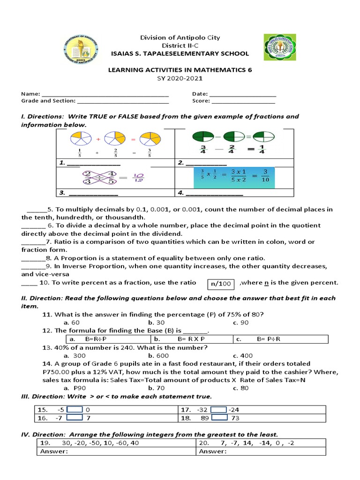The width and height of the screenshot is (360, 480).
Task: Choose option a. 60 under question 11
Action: click(x=72, y=322)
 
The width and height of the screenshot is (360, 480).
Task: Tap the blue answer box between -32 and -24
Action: click(x=218, y=409)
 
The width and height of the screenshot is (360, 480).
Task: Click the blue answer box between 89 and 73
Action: click(x=219, y=417)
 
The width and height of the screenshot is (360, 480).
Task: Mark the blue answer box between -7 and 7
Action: click(x=75, y=417)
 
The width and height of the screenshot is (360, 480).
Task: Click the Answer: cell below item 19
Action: click(x=115, y=451)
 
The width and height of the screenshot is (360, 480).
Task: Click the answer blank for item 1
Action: click(x=94, y=163)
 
